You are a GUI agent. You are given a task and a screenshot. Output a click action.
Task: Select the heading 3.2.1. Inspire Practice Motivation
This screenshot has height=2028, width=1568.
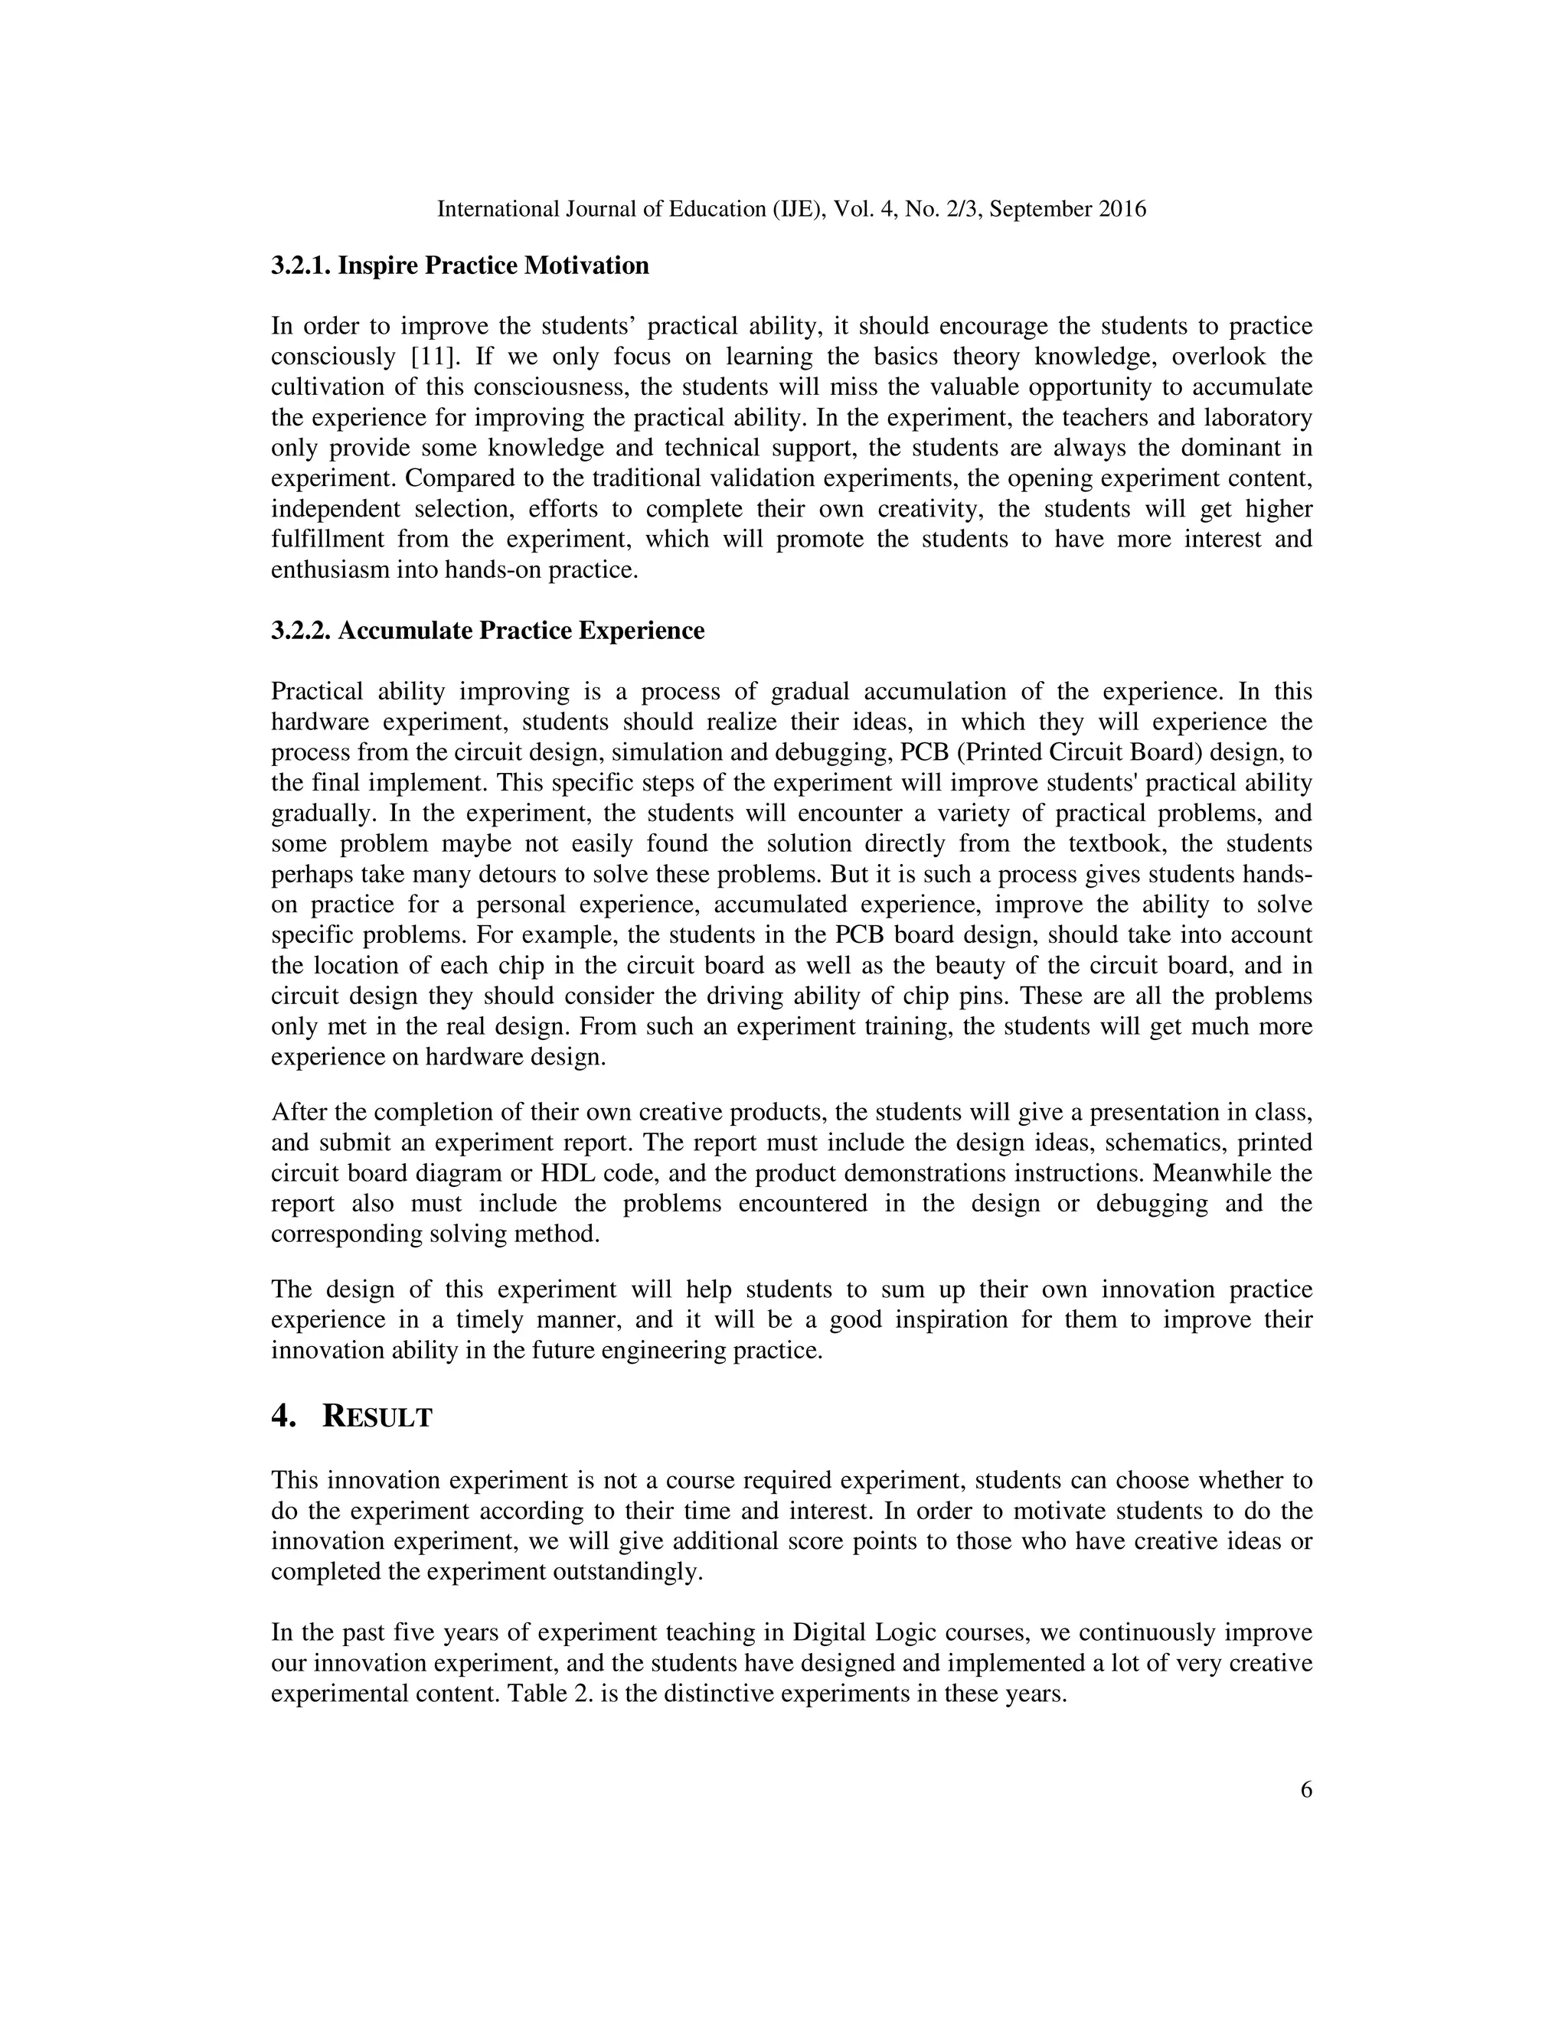(x=460, y=266)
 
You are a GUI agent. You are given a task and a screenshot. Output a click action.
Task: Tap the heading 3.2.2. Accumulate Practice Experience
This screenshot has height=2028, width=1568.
(x=488, y=631)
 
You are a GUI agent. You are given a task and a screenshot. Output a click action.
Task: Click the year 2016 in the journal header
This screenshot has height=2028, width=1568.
(x=1122, y=209)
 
